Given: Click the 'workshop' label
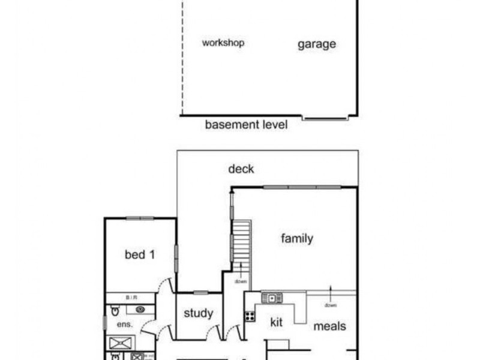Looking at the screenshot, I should pos(223,43).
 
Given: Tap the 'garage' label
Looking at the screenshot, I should pos(316,44).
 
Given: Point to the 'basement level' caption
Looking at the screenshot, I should pos(246,125).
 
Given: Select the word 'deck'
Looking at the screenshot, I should pos(241,169).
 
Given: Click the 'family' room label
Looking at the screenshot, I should pos(297,239).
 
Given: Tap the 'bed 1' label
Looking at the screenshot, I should pos(140,255).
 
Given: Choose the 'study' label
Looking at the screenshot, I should pos(198,313).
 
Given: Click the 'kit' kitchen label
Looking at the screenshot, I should pos(276,322).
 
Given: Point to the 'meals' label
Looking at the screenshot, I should pos(329,326).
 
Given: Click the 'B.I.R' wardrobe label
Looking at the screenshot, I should pos(131,297).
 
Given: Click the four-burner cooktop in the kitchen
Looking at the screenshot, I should pos(250,316).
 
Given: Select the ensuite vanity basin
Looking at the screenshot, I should pos(139,310).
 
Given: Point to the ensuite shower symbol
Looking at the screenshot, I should pos(120,343).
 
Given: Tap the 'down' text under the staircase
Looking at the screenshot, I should pos(241,281).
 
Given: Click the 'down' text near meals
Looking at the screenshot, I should pos(330,305).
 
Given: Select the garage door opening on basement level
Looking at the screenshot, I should pos(325,118).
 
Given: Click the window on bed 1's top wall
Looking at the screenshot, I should pos(140,218).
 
